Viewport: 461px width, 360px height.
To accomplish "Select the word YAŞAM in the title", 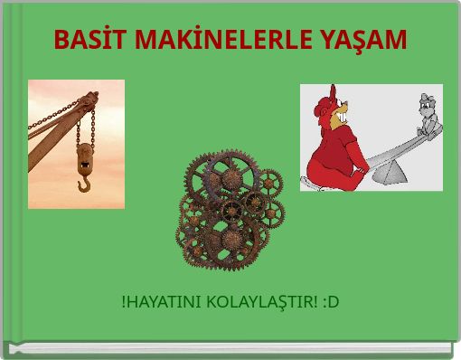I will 365,41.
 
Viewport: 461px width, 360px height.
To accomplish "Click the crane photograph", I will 76,144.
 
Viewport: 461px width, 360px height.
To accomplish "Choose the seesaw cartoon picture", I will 371,137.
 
